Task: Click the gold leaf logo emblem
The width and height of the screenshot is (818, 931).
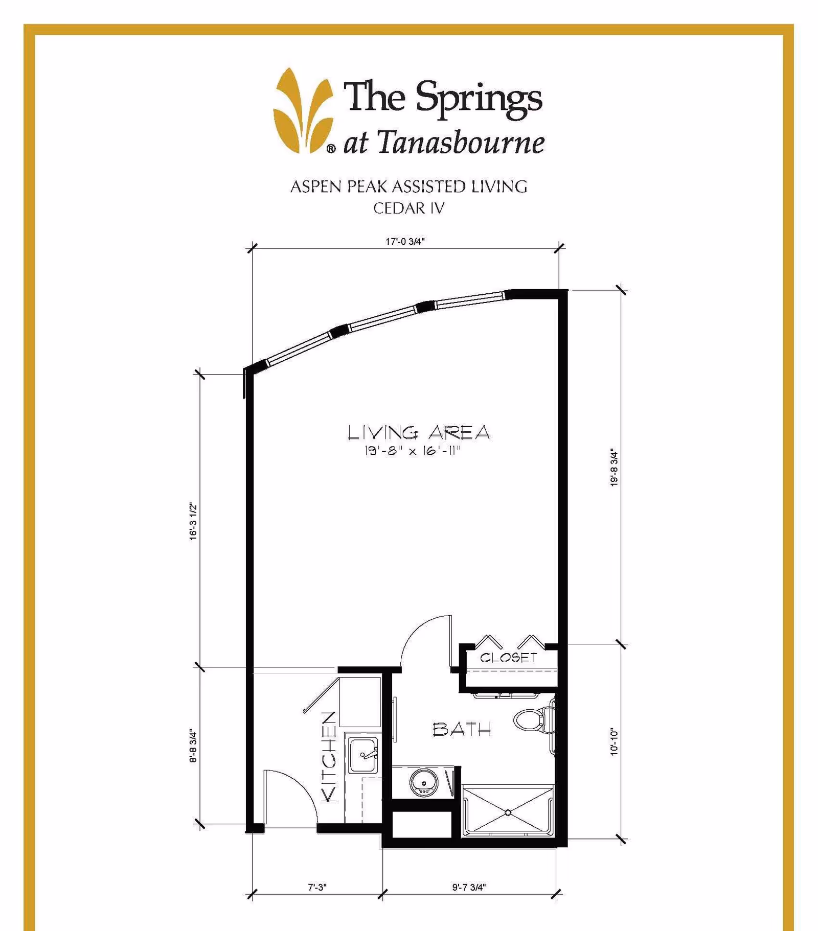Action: (x=303, y=111)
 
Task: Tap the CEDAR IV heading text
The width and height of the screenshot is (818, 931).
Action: (x=408, y=208)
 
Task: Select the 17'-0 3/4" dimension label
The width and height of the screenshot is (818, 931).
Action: (x=405, y=241)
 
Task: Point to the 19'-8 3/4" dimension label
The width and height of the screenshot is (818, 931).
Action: (x=614, y=468)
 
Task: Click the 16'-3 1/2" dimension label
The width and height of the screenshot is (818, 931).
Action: (x=193, y=521)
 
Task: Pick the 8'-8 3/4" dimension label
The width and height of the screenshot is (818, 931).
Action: (x=193, y=746)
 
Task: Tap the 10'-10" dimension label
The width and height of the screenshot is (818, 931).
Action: (x=614, y=742)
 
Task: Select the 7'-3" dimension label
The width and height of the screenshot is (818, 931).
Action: (x=317, y=887)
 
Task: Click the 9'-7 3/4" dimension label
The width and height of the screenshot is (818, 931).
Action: (x=469, y=887)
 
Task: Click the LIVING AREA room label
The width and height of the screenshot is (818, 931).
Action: (x=419, y=433)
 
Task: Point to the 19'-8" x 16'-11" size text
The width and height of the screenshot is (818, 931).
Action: (x=412, y=451)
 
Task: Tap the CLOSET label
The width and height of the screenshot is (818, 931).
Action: (x=508, y=658)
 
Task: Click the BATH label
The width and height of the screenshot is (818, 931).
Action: (x=461, y=729)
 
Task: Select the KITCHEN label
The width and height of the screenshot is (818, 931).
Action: (x=329, y=756)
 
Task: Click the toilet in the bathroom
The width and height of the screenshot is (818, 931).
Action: (x=532, y=719)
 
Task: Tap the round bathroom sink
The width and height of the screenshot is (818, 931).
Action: (x=423, y=782)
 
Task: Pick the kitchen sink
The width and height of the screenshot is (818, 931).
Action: (x=363, y=755)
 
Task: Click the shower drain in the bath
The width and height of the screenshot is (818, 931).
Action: (x=508, y=812)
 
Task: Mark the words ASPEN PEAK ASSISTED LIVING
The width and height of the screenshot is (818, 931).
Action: (x=408, y=187)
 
